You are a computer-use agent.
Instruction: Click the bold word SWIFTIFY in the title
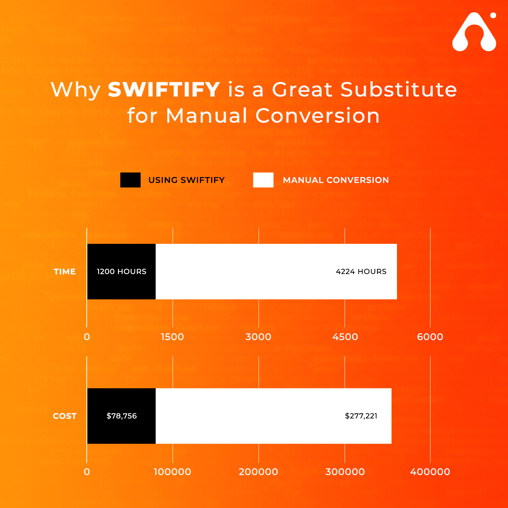[164, 90]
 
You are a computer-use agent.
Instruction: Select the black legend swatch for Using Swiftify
[130, 180]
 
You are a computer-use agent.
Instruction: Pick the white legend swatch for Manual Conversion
[263, 180]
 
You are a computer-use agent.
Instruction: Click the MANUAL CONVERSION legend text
[336, 180]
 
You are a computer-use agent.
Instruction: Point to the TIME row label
[65, 271]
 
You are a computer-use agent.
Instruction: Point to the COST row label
[65, 416]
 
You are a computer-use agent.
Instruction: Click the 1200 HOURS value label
[122, 271]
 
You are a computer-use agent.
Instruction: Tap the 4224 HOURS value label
[361, 271]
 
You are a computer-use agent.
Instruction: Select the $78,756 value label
[122, 416]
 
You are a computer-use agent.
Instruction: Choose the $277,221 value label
[361, 416]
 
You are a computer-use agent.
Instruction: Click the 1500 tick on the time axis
[172, 337]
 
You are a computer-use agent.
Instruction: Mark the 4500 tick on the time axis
[345, 337]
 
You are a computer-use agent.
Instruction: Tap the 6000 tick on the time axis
[430, 337]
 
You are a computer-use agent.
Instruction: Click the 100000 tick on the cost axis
[172, 472]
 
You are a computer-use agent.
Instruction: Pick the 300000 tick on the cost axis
[345, 472]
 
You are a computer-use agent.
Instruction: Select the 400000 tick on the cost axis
[430, 472]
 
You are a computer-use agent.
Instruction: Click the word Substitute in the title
[398, 90]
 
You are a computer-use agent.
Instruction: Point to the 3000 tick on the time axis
[258, 337]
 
